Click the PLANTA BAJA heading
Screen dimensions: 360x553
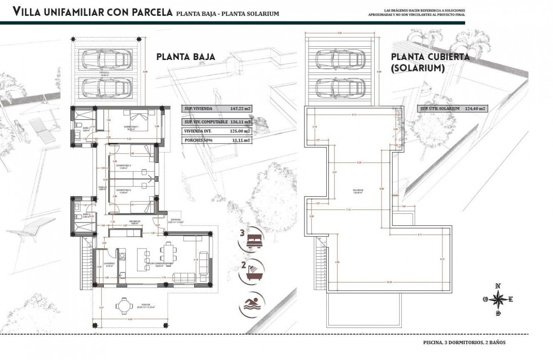(x=186, y=57)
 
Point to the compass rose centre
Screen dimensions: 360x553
(x=498, y=300)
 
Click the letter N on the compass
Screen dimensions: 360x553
(x=498, y=286)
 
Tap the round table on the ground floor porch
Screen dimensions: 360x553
(x=124, y=306)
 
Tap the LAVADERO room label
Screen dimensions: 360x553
(x=109, y=263)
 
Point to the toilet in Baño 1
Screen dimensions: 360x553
(x=80, y=125)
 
